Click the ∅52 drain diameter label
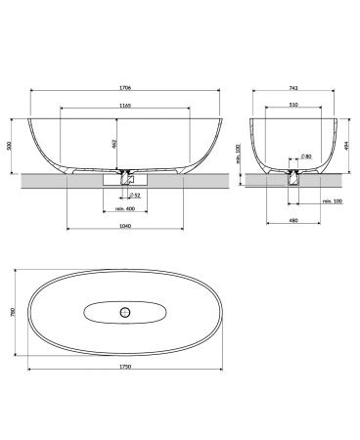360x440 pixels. (135, 196)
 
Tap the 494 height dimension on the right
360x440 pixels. (346, 144)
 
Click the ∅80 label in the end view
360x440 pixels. (307, 156)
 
